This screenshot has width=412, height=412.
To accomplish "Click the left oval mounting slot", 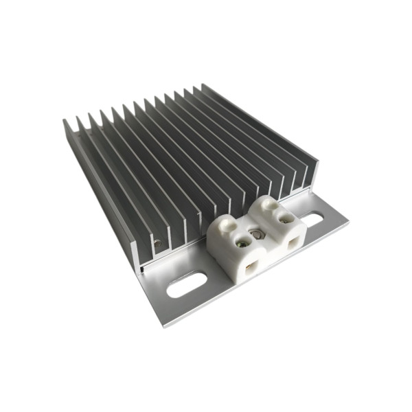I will (187, 284).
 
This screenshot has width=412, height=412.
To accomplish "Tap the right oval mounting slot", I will (312, 220).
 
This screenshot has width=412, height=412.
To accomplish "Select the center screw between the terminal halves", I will (257, 233).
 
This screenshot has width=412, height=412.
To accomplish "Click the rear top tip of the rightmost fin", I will (203, 85).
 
